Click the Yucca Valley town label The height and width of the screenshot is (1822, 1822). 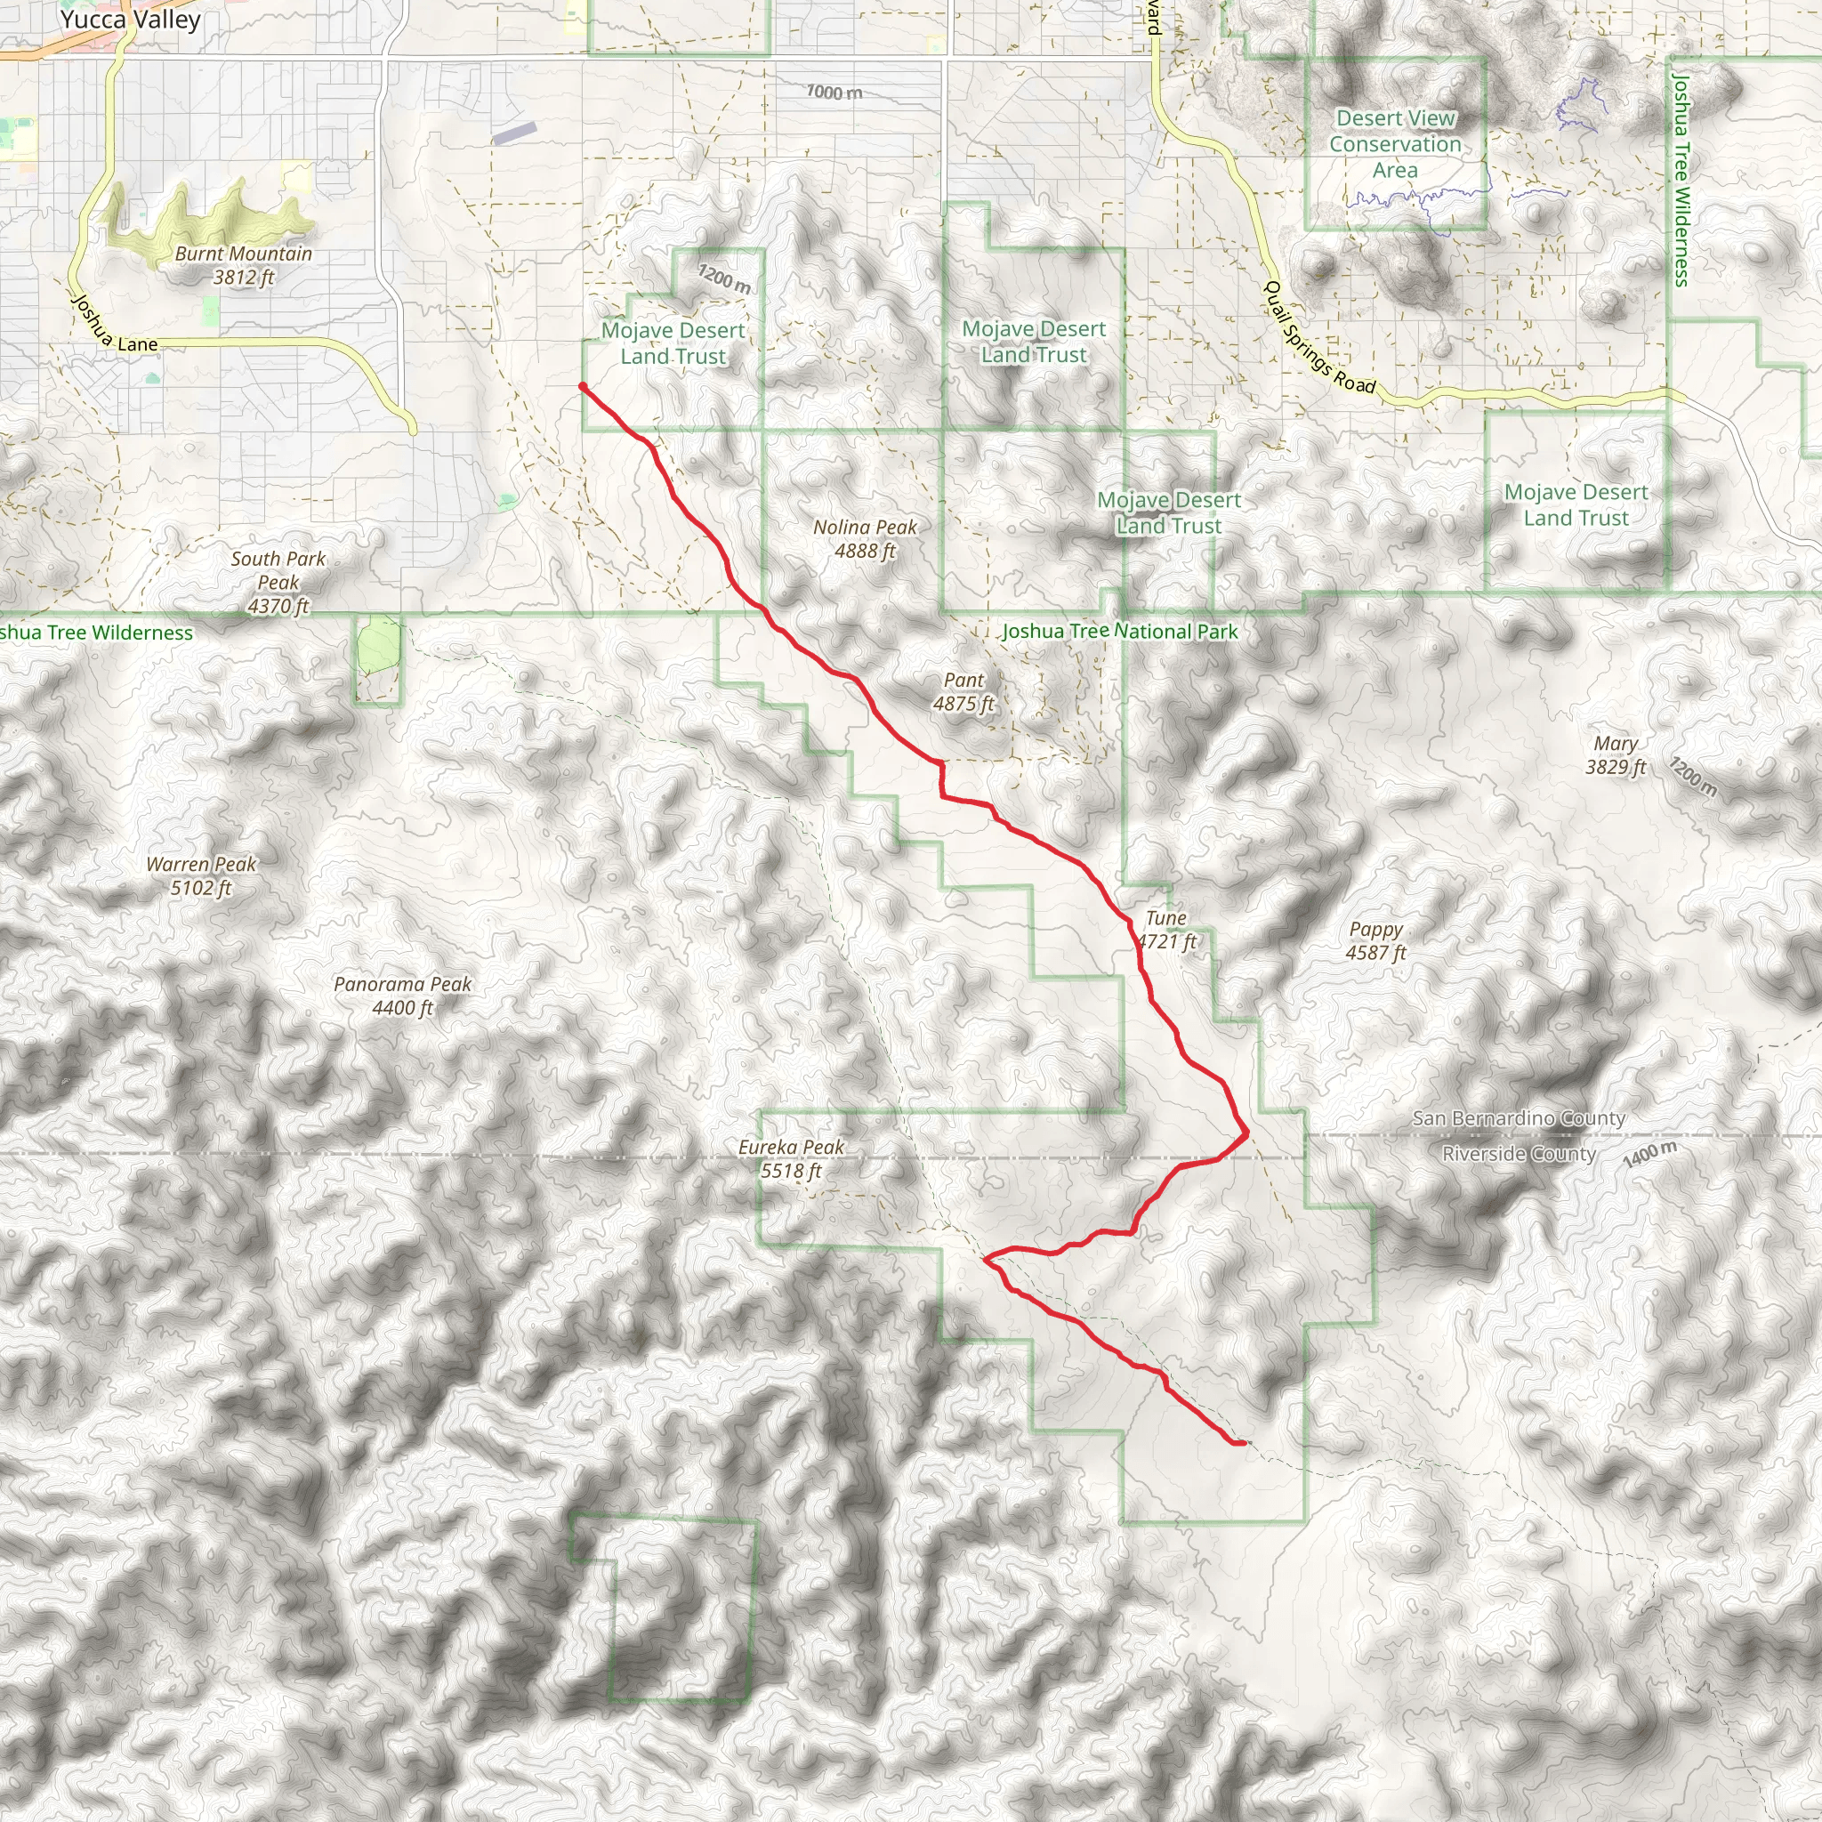[x=130, y=20]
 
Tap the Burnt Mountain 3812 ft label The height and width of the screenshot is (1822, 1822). [x=243, y=265]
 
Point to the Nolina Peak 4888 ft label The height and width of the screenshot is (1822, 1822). [x=865, y=538]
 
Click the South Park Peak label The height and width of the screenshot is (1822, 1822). [x=278, y=582]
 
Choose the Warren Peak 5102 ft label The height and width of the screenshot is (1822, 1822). [x=201, y=875]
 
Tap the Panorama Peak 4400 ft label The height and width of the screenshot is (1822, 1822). [x=403, y=996]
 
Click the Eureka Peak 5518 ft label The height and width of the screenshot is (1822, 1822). [x=791, y=1159]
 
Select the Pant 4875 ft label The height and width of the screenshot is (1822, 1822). [x=963, y=691]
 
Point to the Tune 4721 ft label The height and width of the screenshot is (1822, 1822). [x=1166, y=929]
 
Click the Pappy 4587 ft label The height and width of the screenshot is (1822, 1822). [x=1375, y=940]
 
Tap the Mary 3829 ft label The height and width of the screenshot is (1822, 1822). [x=1615, y=754]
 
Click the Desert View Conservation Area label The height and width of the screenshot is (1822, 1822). [x=1395, y=144]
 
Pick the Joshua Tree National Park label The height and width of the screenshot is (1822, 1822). [x=1119, y=631]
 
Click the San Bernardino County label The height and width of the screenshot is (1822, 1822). [x=1519, y=1118]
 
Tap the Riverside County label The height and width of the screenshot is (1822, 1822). [x=1519, y=1153]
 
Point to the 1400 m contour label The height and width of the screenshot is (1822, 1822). [x=1650, y=1153]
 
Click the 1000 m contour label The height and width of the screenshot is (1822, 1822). [x=834, y=93]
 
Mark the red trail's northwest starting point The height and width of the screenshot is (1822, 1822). [x=583, y=386]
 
